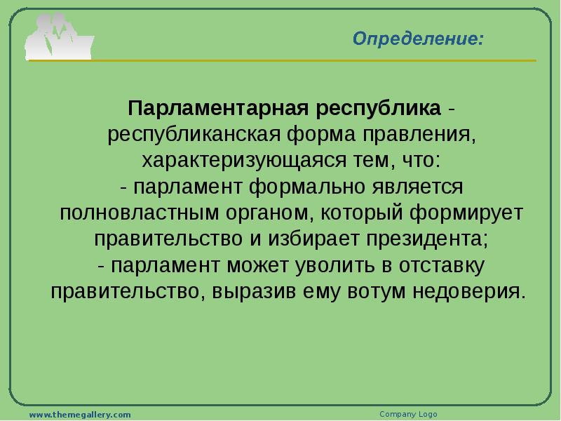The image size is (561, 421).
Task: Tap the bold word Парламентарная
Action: click(x=218, y=108)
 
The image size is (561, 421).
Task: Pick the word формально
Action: click(x=306, y=187)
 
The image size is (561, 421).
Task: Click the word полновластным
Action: click(x=139, y=213)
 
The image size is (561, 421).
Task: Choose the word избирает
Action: click(x=313, y=239)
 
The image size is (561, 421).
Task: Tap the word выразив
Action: click(x=254, y=292)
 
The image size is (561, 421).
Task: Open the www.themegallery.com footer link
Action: click(x=80, y=415)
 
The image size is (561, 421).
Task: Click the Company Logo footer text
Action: click(x=408, y=414)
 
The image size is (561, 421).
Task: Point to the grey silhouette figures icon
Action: click(x=59, y=37)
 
